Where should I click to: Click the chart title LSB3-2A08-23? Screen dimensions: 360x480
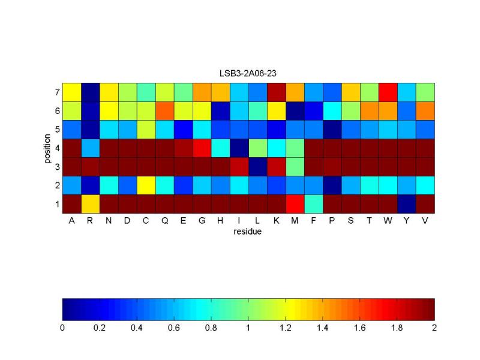click(248, 73)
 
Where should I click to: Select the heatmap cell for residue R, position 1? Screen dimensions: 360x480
click(91, 204)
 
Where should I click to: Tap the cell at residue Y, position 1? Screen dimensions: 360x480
click(407, 204)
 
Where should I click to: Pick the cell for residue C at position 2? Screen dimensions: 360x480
click(146, 185)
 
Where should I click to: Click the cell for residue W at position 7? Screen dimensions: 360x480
click(388, 92)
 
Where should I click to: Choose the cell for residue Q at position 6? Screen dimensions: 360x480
click(165, 111)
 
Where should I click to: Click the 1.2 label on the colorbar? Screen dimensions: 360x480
click(286, 328)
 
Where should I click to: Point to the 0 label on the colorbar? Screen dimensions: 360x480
click(62, 328)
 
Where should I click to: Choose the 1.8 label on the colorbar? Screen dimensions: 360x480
click(397, 328)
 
